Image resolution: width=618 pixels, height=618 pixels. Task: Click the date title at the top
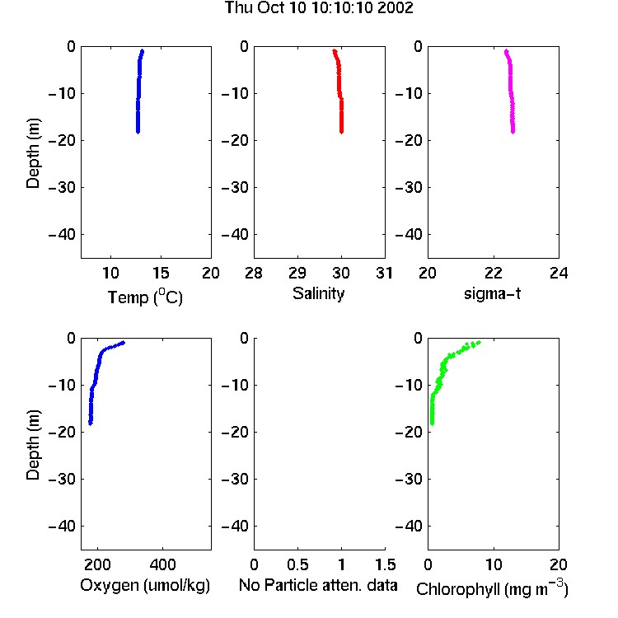[319, 7]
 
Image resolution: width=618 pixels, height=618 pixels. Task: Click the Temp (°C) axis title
[145, 297]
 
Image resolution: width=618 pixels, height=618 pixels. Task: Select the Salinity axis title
[318, 293]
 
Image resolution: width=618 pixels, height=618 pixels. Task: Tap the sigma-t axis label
[492, 293]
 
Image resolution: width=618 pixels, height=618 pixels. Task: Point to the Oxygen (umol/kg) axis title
[145, 585]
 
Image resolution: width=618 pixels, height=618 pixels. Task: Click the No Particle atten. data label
[318, 585]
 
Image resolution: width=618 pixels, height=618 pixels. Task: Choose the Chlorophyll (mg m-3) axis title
[492, 588]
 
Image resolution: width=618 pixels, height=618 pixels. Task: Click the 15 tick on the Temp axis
[161, 273]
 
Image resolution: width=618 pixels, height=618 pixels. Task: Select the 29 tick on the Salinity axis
[297, 273]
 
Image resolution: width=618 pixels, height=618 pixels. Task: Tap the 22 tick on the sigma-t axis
[494, 273]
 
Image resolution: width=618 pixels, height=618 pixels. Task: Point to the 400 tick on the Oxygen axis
[163, 564]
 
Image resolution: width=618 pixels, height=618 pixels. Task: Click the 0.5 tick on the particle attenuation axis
[297, 564]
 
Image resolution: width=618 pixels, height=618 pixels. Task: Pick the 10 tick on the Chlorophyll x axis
[494, 564]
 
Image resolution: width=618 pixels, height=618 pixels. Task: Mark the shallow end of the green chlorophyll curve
[480, 342]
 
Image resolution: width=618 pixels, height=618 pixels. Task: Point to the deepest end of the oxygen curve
[91, 424]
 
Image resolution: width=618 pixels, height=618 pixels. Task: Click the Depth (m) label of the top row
[33, 153]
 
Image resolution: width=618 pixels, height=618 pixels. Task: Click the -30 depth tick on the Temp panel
[62, 187]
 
